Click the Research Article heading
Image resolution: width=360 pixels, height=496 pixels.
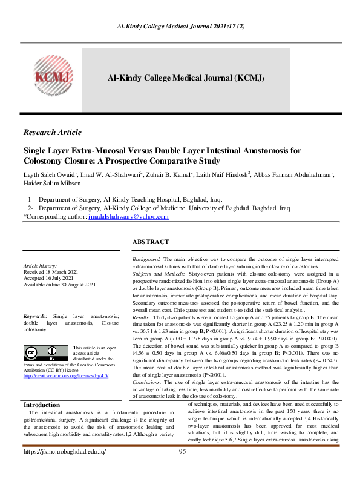(x=52, y=133)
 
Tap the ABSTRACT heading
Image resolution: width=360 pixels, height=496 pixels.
(x=151, y=242)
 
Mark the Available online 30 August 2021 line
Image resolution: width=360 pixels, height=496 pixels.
(x=59, y=284)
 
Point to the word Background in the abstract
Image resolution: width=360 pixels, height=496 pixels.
(x=146, y=259)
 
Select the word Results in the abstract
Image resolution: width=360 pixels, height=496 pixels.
(x=140, y=317)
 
